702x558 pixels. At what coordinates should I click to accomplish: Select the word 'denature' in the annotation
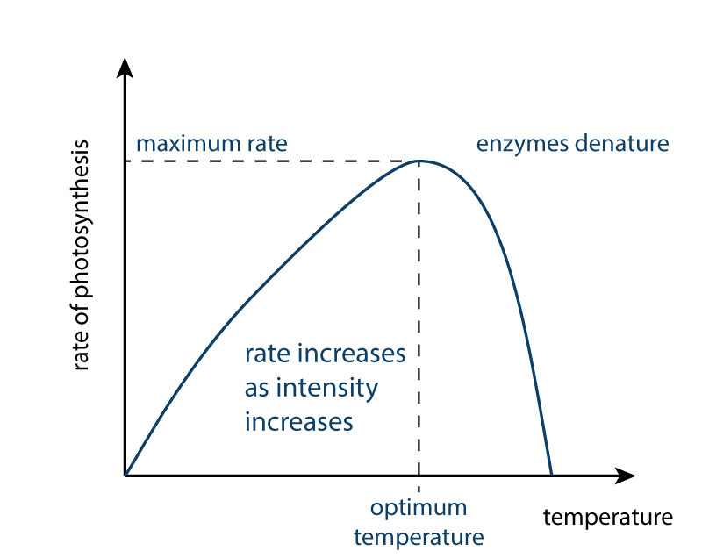tap(622, 144)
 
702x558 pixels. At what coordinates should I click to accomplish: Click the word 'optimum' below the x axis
tap(419, 509)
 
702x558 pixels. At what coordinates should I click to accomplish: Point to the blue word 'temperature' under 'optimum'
tap(419, 538)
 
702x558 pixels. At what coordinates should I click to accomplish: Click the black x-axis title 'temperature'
tap(608, 518)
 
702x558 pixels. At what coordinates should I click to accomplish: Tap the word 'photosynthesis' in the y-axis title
tap(82, 218)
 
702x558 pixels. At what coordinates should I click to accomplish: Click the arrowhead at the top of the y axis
tap(125, 68)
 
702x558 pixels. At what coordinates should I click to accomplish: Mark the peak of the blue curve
tap(419, 161)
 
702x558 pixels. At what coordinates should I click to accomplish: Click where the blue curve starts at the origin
tap(125, 475)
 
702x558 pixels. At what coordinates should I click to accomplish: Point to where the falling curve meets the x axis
tap(552, 475)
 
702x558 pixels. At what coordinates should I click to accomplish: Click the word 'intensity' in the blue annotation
tap(326, 389)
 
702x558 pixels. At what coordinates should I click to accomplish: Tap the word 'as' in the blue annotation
tap(256, 390)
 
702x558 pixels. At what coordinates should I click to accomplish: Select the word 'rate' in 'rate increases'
tap(267, 354)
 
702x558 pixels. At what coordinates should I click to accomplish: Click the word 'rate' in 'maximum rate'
tap(268, 145)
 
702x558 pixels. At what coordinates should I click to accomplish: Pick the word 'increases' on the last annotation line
tap(299, 422)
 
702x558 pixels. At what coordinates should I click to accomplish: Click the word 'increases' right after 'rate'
tap(352, 354)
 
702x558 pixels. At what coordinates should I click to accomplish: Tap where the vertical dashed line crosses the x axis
tap(419, 476)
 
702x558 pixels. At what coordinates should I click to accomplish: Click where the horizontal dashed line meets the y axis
tap(125, 161)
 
